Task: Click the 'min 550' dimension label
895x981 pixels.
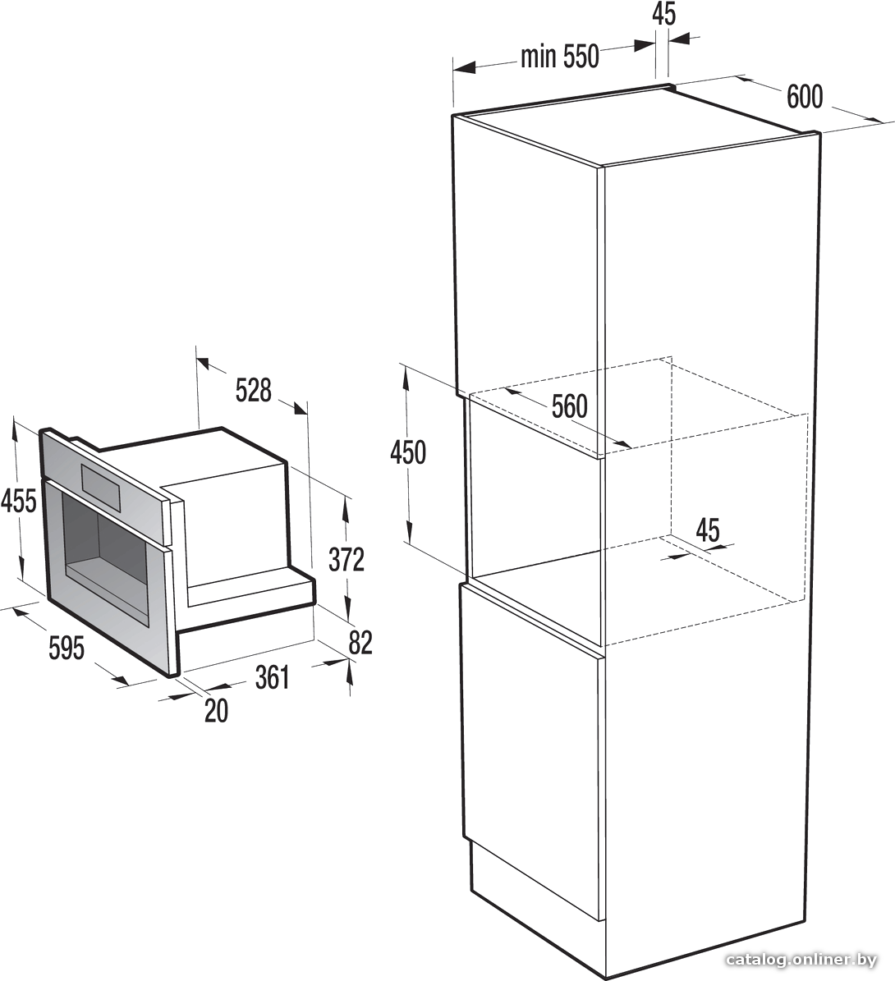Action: pos(560,57)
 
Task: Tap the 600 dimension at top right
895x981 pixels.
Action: pos(805,96)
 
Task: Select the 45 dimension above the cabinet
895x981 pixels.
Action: pos(664,13)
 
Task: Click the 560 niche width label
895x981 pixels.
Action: pos(570,406)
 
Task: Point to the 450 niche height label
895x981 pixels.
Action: pos(408,452)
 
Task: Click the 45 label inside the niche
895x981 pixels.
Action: pos(708,530)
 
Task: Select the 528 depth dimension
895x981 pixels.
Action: pos(254,390)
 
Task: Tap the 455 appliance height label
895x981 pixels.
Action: pos(19,501)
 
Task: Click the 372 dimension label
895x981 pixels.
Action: pos(347,559)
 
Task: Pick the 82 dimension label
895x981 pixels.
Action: pos(360,643)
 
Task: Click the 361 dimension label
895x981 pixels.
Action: pos(273,677)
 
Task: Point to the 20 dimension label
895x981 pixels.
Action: pos(217,711)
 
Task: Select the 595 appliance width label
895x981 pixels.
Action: pos(67,648)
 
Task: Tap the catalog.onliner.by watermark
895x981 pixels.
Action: pos(801,960)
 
